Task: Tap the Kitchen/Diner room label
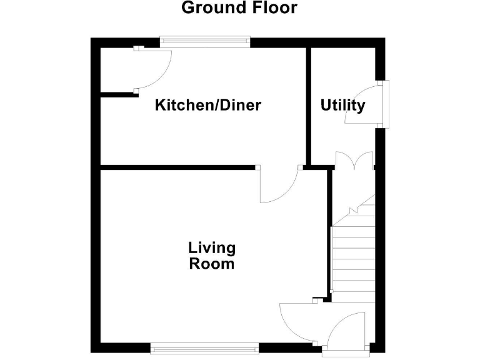[x=207, y=105]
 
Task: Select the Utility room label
[x=342, y=106]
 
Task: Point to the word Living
[x=212, y=248]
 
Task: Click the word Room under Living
[x=212, y=264]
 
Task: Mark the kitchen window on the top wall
[x=205, y=42]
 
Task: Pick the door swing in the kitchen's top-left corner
[x=154, y=67]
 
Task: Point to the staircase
[x=352, y=256]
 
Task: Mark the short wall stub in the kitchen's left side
[x=119, y=94]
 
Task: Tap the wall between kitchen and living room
[x=178, y=167]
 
